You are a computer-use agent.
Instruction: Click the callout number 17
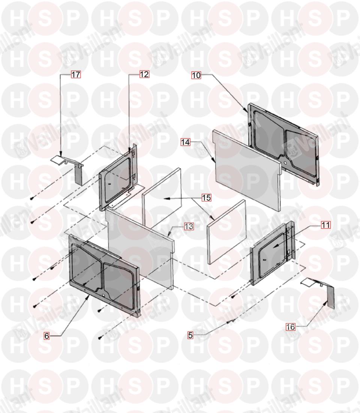(x=76, y=75)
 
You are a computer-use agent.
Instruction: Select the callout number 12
(x=144, y=74)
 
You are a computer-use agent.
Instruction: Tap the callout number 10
(x=196, y=75)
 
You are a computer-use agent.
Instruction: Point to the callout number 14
(x=185, y=142)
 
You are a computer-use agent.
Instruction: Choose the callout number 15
(x=207, y=198)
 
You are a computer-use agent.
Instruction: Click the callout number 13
(x=189, y=226)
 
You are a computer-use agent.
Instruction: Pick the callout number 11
(x=326, y=225)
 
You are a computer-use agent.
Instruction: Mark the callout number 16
(x=291, y=327)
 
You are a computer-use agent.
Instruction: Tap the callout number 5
(x=190, y=335)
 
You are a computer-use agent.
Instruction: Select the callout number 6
(x=47, y=336)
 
